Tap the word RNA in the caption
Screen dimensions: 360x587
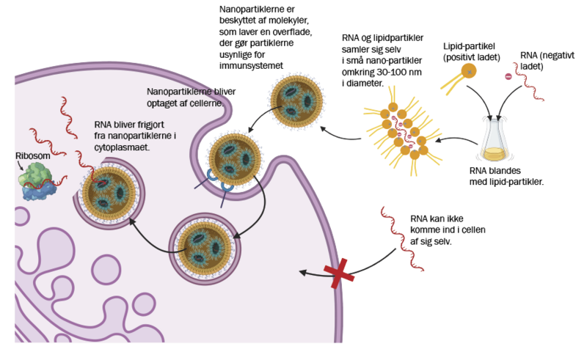point(103,125)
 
